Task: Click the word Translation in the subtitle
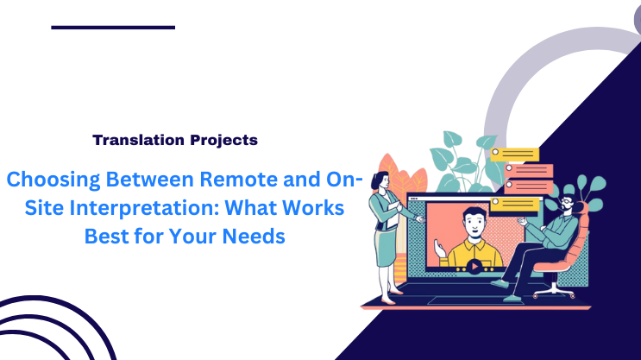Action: click(133, 139)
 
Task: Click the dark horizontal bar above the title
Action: click(113, 28)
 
